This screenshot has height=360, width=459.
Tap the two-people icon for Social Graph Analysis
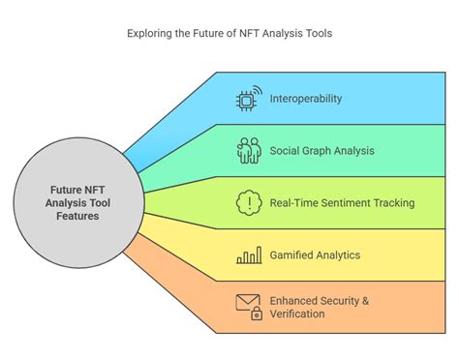250,150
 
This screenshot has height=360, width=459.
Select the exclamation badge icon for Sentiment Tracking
250,203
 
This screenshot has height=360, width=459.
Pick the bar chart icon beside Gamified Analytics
250,255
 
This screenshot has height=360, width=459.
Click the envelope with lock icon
250,307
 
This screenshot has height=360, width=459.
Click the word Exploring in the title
151,33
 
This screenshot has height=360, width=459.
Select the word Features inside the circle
77,217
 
